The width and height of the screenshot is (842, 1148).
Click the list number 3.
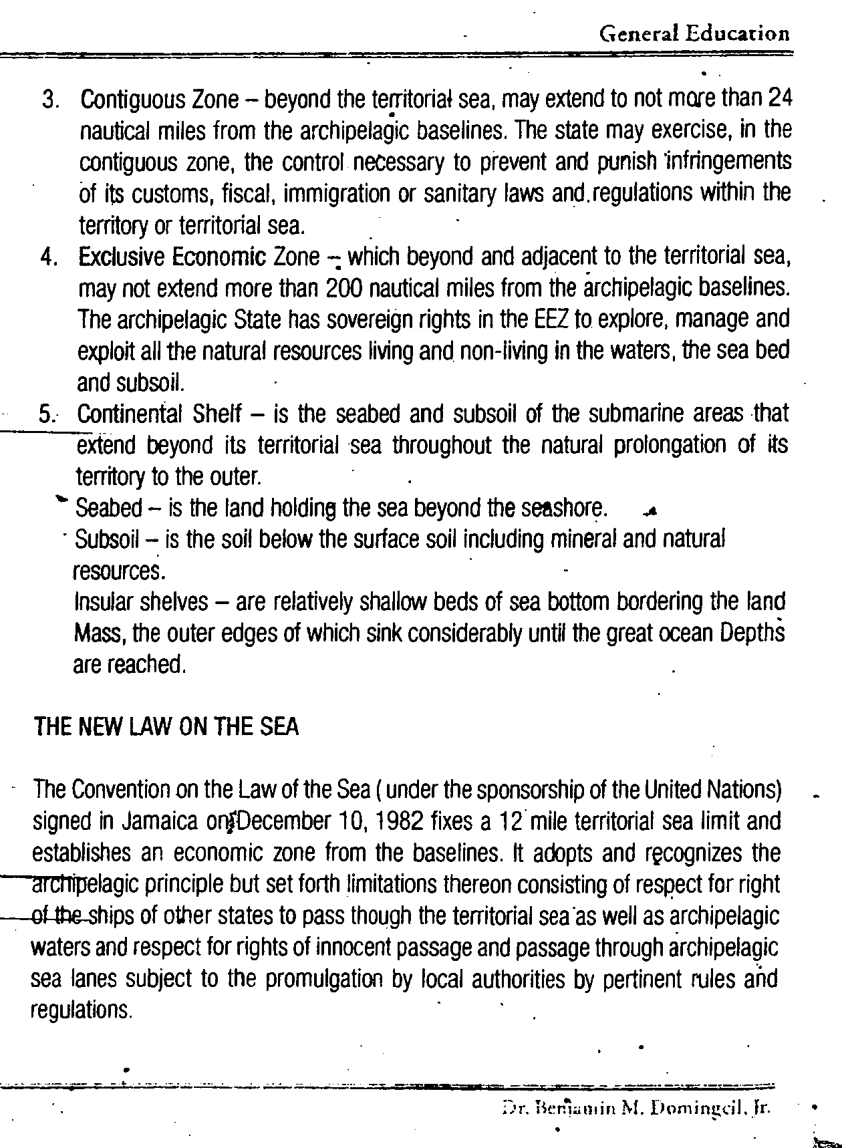coord(49,100)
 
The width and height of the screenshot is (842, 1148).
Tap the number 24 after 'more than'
coord(779,98)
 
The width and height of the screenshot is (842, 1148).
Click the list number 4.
coord(49,258)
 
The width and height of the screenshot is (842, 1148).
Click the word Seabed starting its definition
coord(109,509)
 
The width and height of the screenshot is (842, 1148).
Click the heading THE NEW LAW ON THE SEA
coord(166,727)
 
